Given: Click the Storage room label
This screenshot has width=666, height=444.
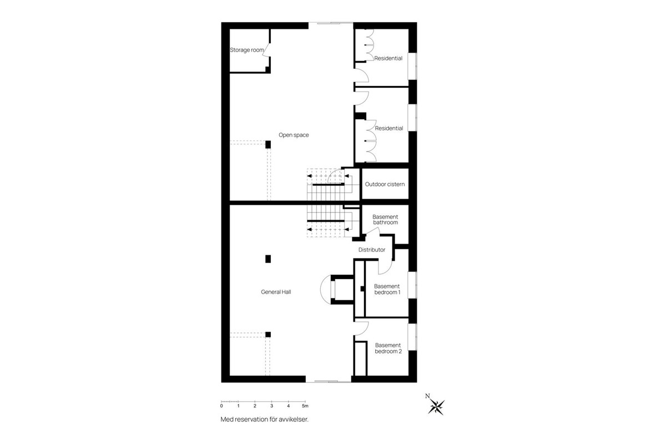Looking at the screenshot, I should click(x=247, y=50).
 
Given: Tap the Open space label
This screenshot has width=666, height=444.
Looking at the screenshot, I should click(x=294, y=135).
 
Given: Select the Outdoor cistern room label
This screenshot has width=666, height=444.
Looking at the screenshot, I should click(x=385, y=184).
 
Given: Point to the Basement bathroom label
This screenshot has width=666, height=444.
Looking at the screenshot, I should click(x=385, y=220).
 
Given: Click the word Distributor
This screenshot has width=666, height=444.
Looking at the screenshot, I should click(x=372, y=250).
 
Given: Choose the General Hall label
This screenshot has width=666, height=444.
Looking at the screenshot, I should click(x=276, y=292).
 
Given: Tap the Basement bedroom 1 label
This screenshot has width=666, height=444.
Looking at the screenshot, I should click(x=387, y=289).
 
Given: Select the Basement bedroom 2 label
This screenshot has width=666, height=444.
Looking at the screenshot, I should click(x=388, y=348).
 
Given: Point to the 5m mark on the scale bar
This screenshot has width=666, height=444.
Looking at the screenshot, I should click(x=305, y=406).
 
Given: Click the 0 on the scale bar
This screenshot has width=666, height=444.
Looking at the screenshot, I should click(x=221, y=406).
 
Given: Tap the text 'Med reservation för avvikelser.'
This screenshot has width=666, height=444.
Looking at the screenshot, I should click(x=264, y=420).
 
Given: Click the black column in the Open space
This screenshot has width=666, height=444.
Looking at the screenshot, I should click(x=268, y=144).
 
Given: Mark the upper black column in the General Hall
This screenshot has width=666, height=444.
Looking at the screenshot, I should click(x=268, y=258).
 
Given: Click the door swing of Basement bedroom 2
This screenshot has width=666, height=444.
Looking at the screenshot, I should click(x=362, y=328).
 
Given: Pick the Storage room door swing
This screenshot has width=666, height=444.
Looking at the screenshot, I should click(x=266, y=49).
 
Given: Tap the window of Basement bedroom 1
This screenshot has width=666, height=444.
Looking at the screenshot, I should click(x=412, y=285).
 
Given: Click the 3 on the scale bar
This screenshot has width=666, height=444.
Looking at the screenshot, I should click(x=271, y=406).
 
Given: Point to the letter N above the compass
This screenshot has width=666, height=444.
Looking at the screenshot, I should click(x=427, y=396).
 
